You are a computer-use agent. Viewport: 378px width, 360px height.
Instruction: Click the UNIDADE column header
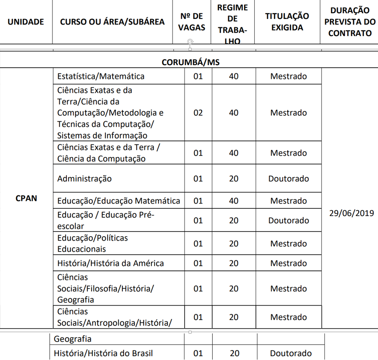(26, 22)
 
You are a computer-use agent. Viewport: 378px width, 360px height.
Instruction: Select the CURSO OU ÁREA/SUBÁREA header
(112, 22)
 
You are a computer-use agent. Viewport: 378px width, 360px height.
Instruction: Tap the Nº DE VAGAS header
(192, 22)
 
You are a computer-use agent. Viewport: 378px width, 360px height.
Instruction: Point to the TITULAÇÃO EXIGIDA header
(287, 22)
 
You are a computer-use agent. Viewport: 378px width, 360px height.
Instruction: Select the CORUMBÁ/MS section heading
(190, 62)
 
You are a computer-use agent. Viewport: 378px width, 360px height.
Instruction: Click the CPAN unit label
(26, 198)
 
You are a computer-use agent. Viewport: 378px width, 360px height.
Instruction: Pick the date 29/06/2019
(351, 213)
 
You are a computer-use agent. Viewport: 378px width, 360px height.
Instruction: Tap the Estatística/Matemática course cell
(101, 76)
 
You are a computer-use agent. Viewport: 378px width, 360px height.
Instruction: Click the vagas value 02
(198, 113)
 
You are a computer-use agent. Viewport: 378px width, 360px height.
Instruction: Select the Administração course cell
(84, 178)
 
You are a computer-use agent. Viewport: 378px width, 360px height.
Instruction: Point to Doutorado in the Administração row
(289, 178)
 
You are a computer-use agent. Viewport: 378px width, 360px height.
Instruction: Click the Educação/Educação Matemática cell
(119, 201)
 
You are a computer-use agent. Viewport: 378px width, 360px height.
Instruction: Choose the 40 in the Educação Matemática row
(234, 201)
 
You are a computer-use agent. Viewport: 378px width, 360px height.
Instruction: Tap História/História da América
(110, 263)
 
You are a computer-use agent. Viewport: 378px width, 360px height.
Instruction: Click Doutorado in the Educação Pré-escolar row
(289, 220)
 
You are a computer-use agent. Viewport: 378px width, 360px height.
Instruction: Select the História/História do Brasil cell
(103, 354)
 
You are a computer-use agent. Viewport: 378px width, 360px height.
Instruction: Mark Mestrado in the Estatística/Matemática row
(289, 76)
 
